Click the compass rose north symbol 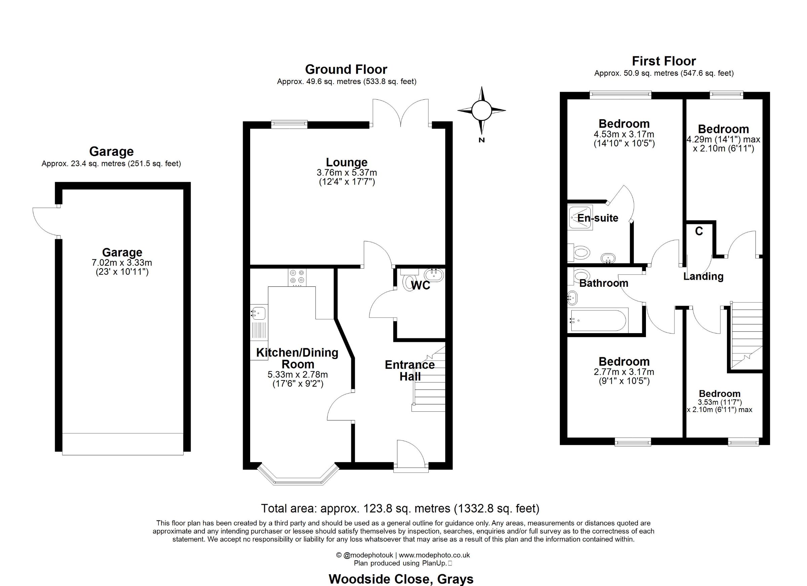pyautogui.click(x=482, y=111)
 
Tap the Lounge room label pyautogui.click(x=347, y=162)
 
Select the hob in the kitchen pyautogui.click(x=297, y=277)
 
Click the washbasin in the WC pyautogui.click(x=433, y=275)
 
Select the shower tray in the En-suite pyautogui.click(x=581, y=218)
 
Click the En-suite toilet pyautogui.click(x=579, y=252)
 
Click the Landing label pyautogui.click(x=703, y=276)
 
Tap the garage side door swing pyautogui.click(x=45, y=221)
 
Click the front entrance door pyautogui.click(x=411, y=455)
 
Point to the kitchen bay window pyautogui.click(x=298, y=475)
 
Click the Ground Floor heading pyautogui.click(x=346, y=69)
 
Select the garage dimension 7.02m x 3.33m pyautogui.click(x=122, y=263)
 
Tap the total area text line pyautogui.click(x=400, y=508)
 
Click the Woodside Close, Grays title pyautogui.click(x=401, y=579)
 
